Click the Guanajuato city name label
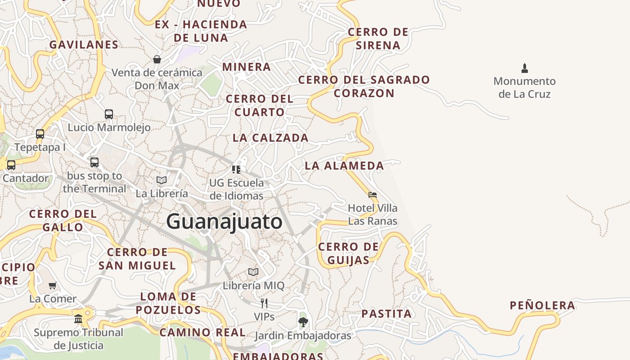[x=224, y=221]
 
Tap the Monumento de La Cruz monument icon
[x=524, y=68]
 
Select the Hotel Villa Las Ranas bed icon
[x=373, y=195]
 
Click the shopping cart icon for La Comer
[x=53, y=285]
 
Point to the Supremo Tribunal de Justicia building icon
[x=78, y=319]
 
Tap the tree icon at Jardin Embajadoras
[x=303, y=322]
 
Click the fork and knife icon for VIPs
[x=264, y=303]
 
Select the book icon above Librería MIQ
[x=253, y=272]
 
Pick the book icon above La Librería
[x=162, y=180]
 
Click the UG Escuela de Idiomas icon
[x=236, y=170]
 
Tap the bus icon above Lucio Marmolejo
[x=109, y=114]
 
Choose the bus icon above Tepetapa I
[x=40, y=134]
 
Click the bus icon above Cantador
[x=11, y=165]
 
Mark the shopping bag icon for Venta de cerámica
[x=157, y=59]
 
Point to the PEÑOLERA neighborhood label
[x=542, y=306]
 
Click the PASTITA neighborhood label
[x=387, y=314]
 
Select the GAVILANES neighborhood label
[x=84, y=45]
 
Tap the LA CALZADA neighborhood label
[x=270, y=138]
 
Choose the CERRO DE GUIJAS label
[x=348, y=253]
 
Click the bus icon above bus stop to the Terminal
[x=94, y=162]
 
